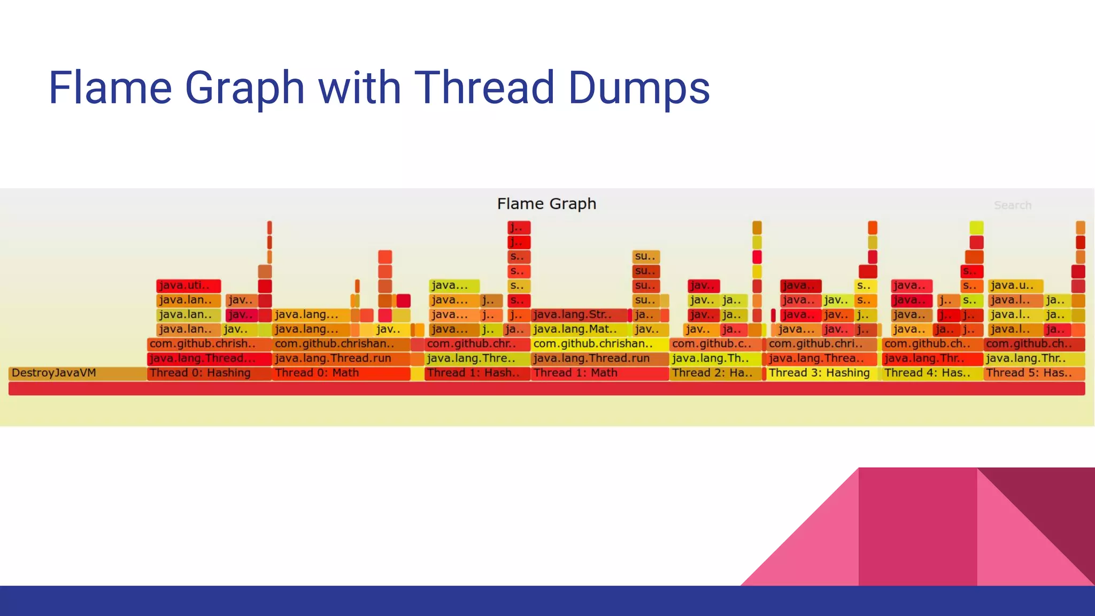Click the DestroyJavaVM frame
point(78,373)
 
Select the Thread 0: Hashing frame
point(209,373)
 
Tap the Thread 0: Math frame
point(341,373)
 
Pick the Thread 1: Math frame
point(599,373)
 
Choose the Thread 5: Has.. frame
point(1034,373)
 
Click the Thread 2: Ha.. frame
point(715,373)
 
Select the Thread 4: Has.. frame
point(932,373)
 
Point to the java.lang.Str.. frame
point(579,314)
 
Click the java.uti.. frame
point(188,286)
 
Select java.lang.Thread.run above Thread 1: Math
point(599,358)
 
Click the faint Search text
point(1012,205)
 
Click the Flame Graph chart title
point(546,204)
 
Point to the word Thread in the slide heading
point(484,88)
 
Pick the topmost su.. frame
point(646,257)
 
